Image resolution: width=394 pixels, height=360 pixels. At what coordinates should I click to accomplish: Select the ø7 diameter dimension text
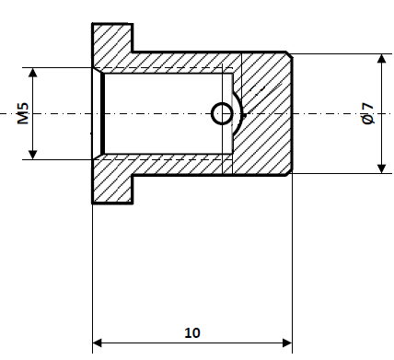click(x=367, y=113)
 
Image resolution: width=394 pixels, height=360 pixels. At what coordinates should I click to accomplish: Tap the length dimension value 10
click(x=191, y=332)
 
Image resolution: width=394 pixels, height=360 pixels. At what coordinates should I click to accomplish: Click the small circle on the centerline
click(x=222, y=113)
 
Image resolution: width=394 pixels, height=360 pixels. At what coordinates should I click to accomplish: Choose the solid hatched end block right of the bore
click(x=267, y=113)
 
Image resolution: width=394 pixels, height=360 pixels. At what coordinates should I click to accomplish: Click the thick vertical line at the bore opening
click(x=102, y=113)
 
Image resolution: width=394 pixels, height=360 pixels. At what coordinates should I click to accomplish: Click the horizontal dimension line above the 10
click(x=191, y=344)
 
